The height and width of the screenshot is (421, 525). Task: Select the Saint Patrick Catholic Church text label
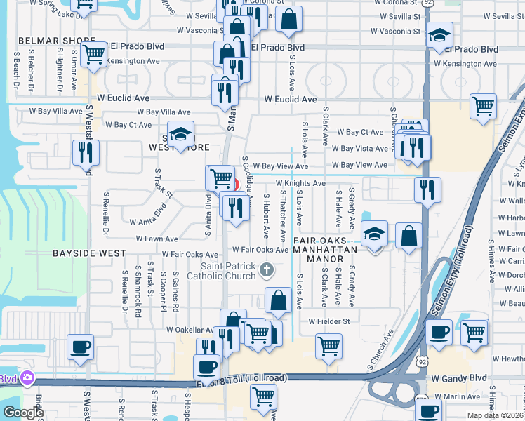coord(228,271)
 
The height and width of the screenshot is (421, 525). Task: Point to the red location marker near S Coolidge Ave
coord(235,185)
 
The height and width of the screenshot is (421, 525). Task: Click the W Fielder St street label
coord(329,321)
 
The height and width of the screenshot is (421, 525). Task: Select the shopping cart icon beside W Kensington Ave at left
coord(93,54)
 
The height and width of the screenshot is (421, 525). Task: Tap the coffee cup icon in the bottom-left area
coord(79,346)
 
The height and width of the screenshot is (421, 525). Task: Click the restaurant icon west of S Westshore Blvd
coord(86,152)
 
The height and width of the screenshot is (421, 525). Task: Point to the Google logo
coord(22,413)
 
